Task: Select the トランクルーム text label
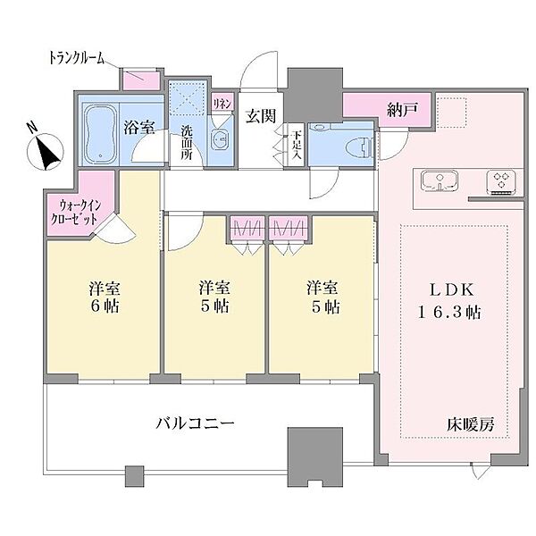click(x=77, y=58)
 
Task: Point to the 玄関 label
click(x=260, y=114)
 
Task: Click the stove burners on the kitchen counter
click(x=501, y=181)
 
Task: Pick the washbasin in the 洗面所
click(x=220, y=138)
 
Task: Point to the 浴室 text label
click(x=141, y=126)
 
